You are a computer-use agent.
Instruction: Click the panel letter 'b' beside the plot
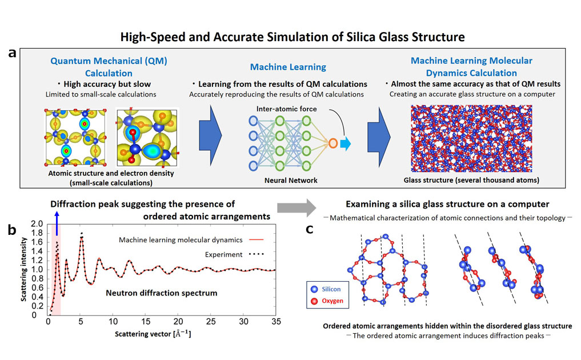click(x=11, y=231)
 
